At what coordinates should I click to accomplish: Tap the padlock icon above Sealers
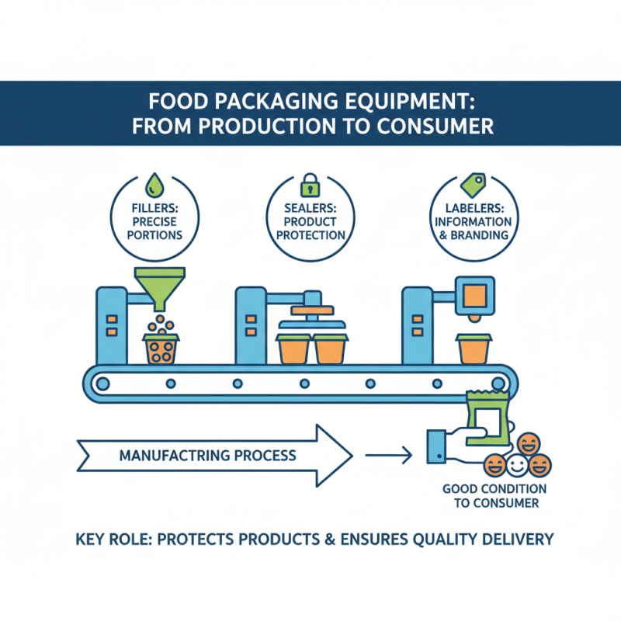(310, 185)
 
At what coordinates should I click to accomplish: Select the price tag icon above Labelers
(472, 184)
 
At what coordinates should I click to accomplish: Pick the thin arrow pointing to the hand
(388, 455)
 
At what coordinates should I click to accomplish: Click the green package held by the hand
(487, 419)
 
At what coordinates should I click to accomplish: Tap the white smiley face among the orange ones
(516, 467)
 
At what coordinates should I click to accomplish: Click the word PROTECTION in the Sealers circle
(310, 234)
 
